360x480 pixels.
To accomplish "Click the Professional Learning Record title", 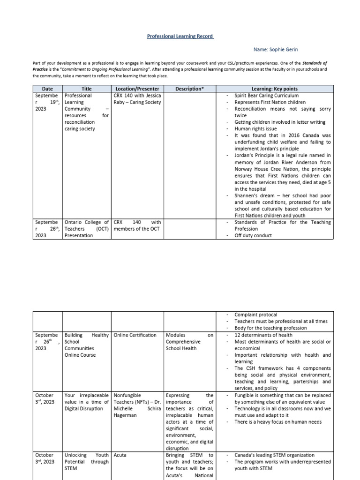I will (180, 36).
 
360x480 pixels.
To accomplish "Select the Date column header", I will (47, 89).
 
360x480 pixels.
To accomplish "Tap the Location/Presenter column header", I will (137, 89).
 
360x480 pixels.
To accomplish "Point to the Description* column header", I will (189, 89).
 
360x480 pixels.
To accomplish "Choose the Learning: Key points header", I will (274, 89).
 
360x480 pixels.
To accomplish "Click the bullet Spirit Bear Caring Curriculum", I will (266, 96).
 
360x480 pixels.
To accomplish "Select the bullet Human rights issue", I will (255, 128).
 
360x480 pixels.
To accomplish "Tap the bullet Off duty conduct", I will (253, 235).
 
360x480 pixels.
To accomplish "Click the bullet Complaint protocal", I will (255, 315).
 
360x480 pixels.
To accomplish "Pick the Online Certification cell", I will (135, 335).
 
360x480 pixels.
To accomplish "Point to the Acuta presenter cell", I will (120, 455).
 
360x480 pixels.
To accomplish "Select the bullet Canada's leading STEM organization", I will (275, 455).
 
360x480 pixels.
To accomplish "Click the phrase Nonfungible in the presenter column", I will (127, 396).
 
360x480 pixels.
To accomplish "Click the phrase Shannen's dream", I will (254, 195).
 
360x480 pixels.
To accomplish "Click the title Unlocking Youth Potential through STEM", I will (86, 462).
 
